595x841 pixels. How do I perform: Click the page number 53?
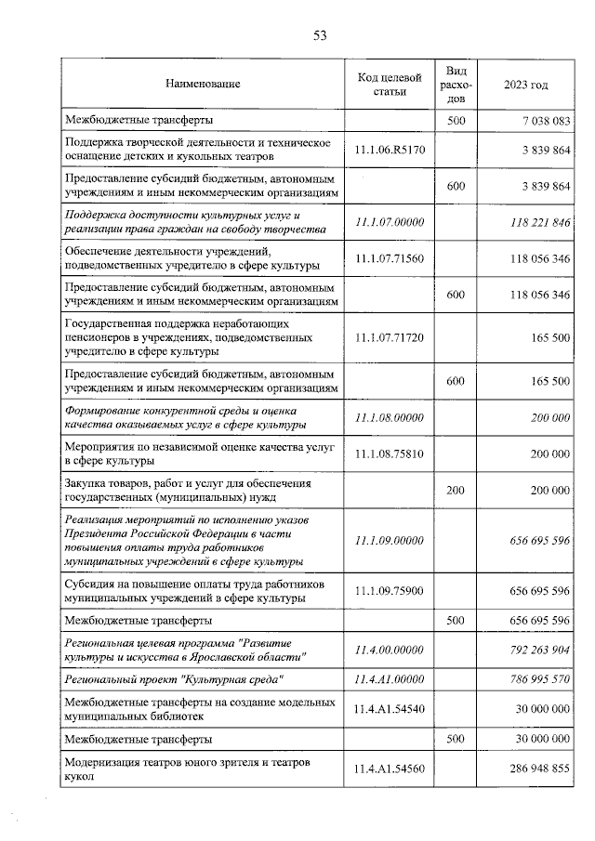[320, 36]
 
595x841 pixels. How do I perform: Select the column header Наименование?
[203, 85]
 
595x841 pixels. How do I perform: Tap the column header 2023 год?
[525, 85]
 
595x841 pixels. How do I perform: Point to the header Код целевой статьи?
[390, 85]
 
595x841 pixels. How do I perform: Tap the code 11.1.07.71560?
[390, 258]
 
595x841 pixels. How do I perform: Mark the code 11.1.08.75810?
[390, 453]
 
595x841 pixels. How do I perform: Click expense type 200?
[456, 490]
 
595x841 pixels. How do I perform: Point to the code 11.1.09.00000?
[390, 540]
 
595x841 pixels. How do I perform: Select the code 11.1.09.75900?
[390, 591]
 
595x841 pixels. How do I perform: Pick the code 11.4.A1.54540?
[390, 709]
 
